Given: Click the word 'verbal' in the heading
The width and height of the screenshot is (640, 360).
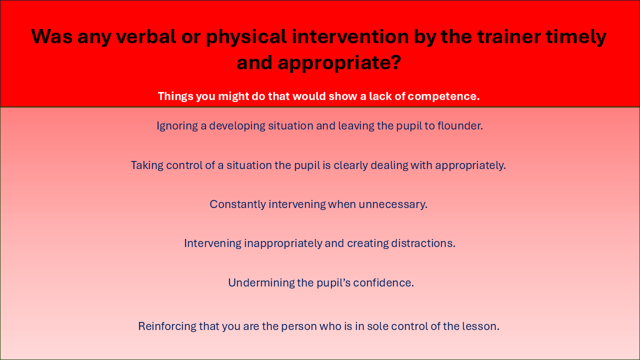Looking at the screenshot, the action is coord(146,36).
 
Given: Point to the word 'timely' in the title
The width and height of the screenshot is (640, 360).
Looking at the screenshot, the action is coord(576,37).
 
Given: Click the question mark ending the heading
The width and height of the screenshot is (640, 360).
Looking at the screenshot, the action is coord(395,62).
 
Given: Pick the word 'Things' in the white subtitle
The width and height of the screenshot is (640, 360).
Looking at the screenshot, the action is coord(175,96).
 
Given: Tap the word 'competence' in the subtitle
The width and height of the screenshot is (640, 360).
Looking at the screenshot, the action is coord(441,96).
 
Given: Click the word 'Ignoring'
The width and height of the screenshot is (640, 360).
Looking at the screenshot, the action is coord(177,126).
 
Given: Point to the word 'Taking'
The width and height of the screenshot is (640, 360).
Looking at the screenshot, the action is coord(147,165).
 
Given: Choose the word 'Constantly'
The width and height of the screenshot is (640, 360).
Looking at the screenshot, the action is coord(237,204).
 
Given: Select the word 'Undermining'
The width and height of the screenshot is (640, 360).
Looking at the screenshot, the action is coord(261,283).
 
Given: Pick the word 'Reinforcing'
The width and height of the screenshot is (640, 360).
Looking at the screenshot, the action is coord(167,326).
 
